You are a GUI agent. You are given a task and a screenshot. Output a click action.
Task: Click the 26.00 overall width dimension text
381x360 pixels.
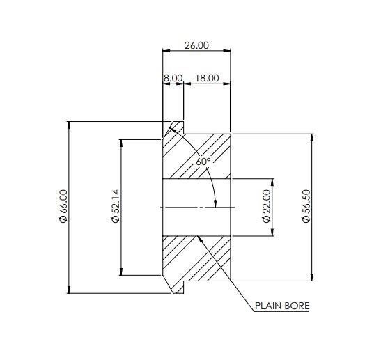pos(196,45)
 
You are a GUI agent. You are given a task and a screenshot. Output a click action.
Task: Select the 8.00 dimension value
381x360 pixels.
pos(173,78)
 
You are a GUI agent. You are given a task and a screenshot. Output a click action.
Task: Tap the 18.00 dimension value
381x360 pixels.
pos(208,78)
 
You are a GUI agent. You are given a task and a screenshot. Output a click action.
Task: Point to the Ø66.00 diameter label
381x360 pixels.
pos(63,206)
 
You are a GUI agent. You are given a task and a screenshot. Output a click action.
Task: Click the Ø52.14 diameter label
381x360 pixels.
pos(116,206)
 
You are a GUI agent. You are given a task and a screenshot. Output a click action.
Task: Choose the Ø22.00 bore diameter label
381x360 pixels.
pos(266,206)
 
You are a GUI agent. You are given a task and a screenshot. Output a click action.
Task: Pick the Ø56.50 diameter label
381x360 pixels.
pos(305,206)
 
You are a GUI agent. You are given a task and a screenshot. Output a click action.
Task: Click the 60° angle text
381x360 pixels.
pos(203,162)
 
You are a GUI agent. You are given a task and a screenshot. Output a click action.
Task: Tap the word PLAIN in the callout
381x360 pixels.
pos(267,306)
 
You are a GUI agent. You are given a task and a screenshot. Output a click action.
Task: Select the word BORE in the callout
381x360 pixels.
pos(296,306)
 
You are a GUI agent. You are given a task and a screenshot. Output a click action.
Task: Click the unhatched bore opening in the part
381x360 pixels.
pos(197,208)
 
